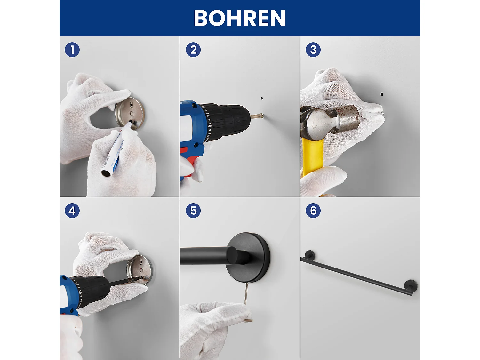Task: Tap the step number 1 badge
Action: coord(72,50)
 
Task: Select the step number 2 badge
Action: coord(193,50)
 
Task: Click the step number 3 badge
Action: coord(313,50)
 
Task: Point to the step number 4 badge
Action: coord(72,211)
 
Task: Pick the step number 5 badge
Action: coord(193,211)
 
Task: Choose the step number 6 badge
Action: coord(313,211)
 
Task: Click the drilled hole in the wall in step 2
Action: coord(262,98)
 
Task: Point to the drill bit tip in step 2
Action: coord(263,115)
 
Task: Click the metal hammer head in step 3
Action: coord(331,121)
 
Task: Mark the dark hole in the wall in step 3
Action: coord(382,94)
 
